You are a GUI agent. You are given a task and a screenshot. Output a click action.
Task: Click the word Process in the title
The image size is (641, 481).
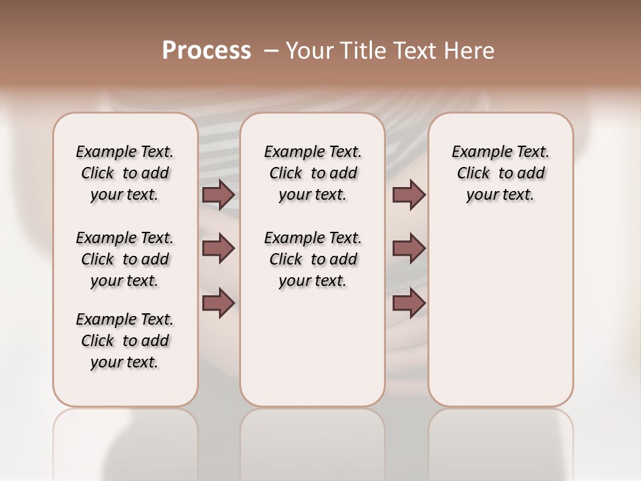206,51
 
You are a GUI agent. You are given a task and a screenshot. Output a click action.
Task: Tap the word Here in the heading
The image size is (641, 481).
470,51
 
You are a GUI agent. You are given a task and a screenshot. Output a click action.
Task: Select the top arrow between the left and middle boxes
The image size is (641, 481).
218,194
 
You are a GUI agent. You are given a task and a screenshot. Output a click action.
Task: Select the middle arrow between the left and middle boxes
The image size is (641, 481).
218,249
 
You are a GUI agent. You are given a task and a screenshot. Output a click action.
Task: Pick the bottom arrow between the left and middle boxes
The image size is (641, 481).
218,303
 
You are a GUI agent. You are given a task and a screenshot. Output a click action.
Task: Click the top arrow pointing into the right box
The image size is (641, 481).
409,194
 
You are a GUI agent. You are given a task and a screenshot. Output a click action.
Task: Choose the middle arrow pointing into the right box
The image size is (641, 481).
409,249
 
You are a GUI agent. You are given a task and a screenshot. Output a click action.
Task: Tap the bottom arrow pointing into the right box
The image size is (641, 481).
409,303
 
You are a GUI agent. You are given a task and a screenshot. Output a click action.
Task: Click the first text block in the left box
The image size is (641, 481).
125,173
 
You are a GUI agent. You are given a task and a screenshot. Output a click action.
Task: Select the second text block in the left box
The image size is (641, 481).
125,259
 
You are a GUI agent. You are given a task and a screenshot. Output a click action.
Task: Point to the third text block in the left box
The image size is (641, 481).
125,341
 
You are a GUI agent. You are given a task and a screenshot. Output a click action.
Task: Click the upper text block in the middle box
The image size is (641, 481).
312,173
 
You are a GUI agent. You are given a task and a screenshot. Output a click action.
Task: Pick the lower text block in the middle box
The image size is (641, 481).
312,259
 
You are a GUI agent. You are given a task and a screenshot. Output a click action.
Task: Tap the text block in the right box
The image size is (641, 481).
500,173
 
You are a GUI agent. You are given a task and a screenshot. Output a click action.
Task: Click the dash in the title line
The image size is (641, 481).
271,51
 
